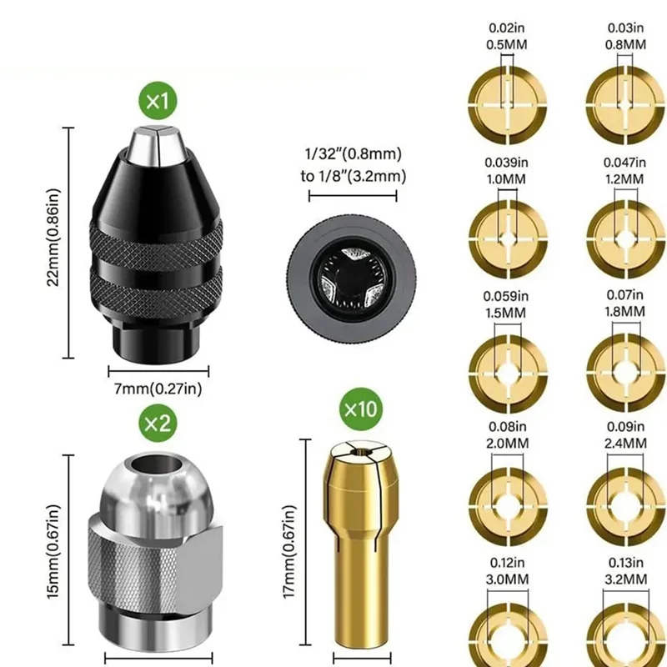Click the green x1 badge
pos(157,104)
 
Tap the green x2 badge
pos(157,423)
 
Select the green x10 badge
pos(360,410)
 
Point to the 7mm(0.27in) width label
pos(157,388)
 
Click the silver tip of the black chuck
pos(157,143)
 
